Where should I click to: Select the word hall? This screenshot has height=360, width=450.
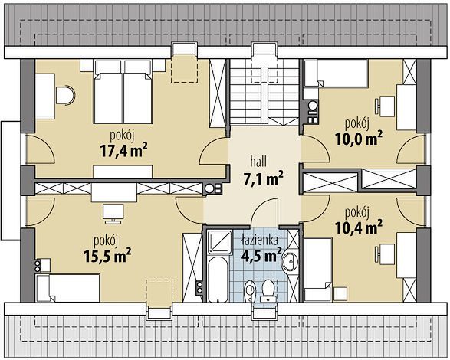point(258,162)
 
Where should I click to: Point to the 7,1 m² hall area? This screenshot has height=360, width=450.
point(263,179)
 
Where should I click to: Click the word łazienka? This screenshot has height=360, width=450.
point(260,240)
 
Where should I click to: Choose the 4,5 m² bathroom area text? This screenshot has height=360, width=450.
point(261,255)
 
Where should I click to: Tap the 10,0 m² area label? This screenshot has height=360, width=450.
point(359,139)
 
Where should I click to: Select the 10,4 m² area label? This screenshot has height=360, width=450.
point(359,227)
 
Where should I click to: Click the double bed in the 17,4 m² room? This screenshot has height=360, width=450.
point(123,92)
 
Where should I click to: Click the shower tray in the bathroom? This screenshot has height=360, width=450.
point(219,242)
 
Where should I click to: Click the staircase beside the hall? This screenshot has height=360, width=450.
point(264,92)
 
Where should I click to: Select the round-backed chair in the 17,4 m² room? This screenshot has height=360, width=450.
point(66,95)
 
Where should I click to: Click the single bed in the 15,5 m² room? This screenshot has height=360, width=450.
point(67,288)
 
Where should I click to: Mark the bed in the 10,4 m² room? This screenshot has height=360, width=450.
point(318,270)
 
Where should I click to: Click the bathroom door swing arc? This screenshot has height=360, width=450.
point(261,205)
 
